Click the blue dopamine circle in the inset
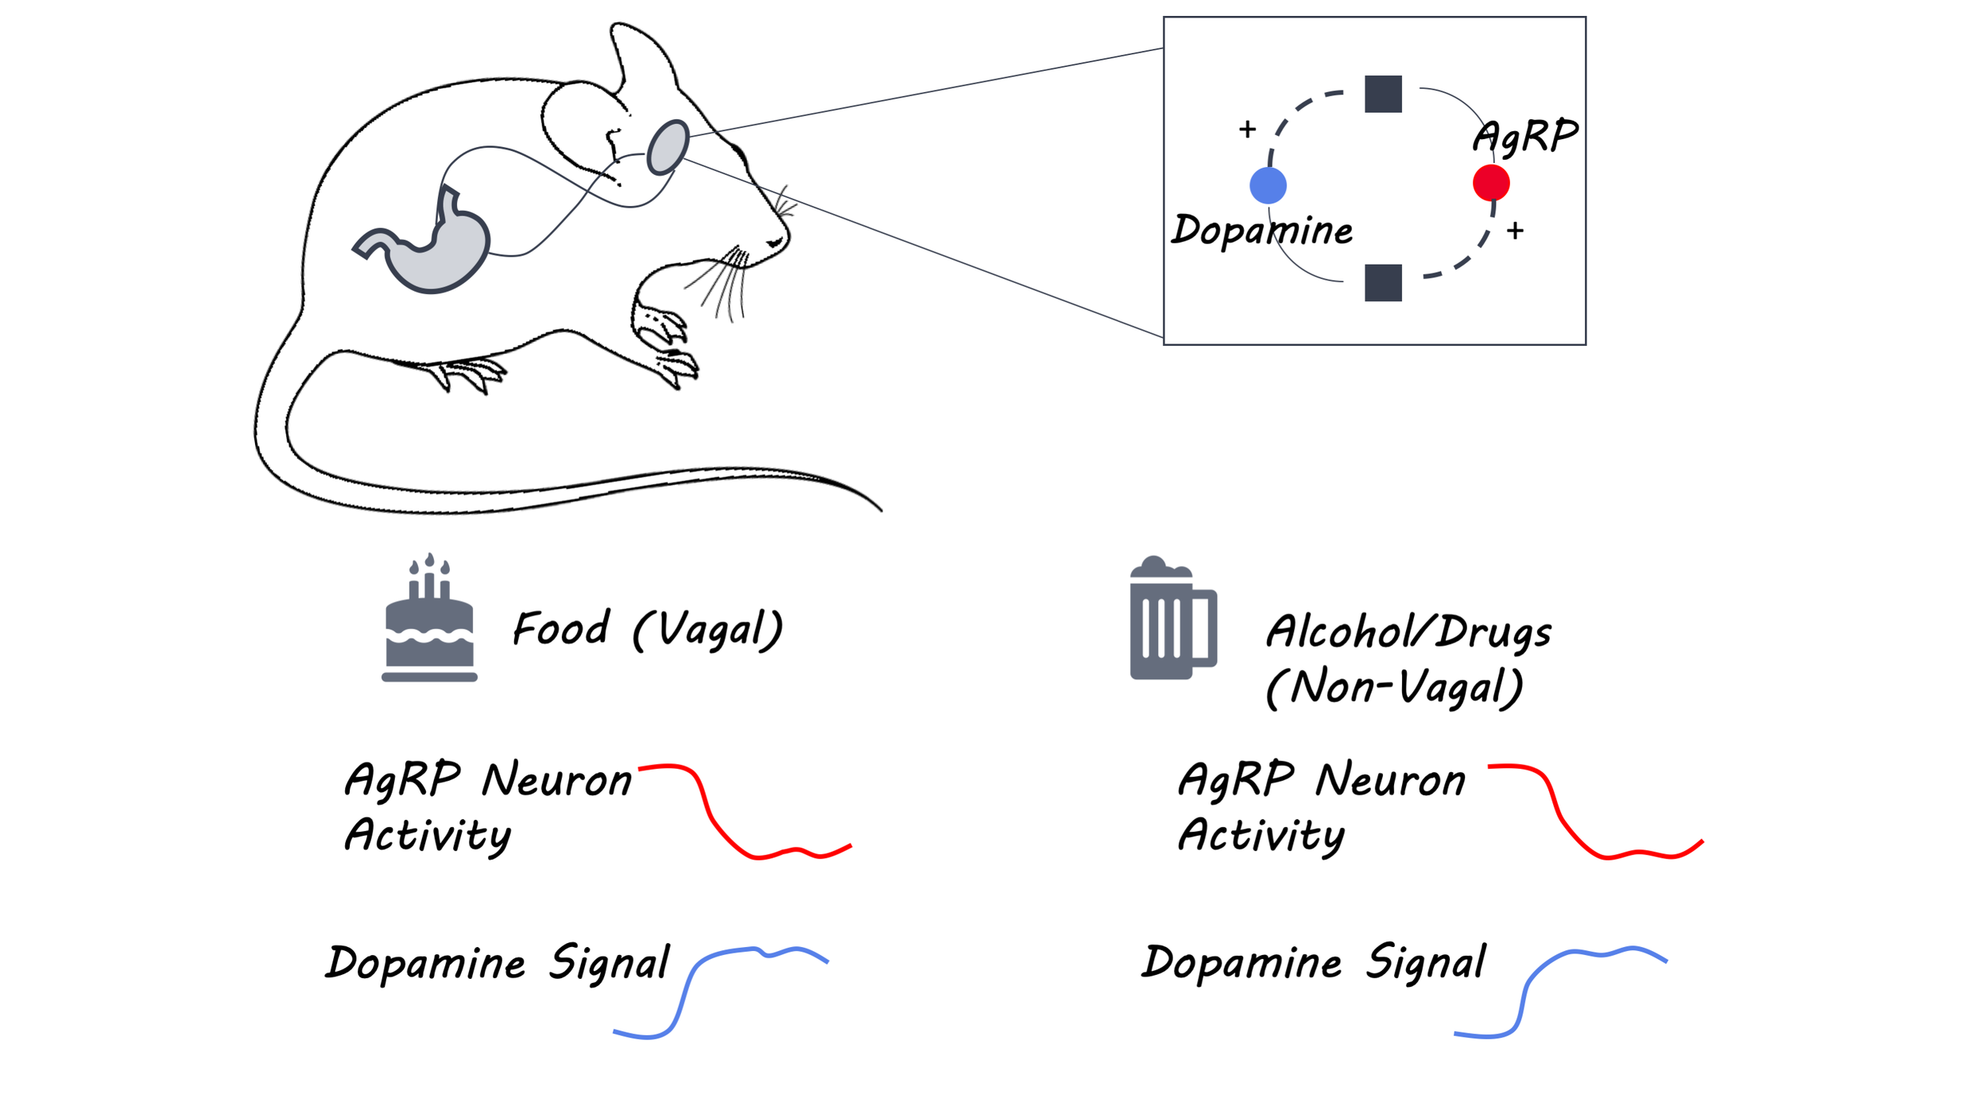1268,185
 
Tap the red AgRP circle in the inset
1491,183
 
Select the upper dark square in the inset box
1383,94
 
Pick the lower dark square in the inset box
1383,282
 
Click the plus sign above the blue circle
1247,129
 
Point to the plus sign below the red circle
1515,231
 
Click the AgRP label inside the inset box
1525,135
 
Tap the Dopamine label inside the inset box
1262,231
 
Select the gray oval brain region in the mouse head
668,147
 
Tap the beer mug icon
1173,618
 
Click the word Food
561,628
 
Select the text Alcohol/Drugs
1408,633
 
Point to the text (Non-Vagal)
1394,687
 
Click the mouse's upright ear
642,60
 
